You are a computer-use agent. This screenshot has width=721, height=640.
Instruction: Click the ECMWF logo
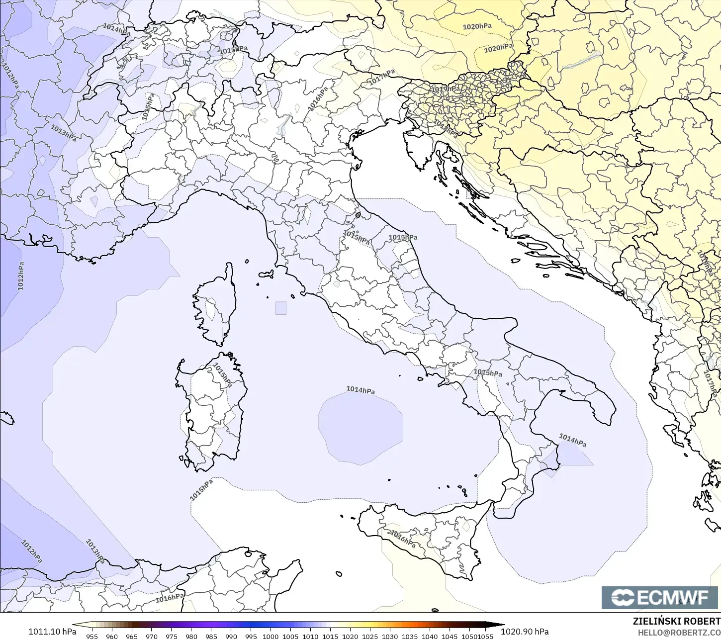(660, 597)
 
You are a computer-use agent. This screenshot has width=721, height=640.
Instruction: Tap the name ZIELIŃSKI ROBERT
(676, 621)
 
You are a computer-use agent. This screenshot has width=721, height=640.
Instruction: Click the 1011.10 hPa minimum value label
(52, 632)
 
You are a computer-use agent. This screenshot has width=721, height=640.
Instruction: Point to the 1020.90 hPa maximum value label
(525, 632)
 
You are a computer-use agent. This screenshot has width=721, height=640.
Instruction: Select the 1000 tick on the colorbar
(270, 636)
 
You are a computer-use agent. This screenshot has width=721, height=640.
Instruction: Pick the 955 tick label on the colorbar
(92, 636)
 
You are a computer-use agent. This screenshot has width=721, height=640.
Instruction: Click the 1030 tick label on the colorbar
(390, 636)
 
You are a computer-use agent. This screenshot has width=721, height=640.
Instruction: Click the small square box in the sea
(281, 308)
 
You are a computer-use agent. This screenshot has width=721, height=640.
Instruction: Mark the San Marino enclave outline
(358, 215)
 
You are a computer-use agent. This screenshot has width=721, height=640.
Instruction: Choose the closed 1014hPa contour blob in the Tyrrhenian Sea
(360, 428)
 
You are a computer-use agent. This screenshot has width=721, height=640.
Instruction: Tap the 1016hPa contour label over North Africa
(170, 598)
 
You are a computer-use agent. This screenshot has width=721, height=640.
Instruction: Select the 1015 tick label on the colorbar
(330, 636)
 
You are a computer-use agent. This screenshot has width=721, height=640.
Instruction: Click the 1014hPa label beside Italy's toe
(572, 440)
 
